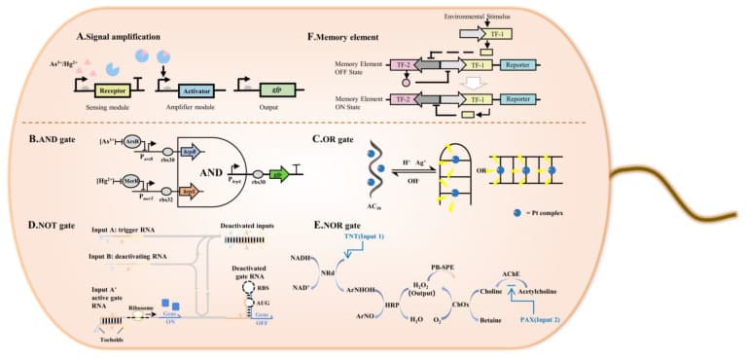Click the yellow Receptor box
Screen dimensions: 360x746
click(114, 90)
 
